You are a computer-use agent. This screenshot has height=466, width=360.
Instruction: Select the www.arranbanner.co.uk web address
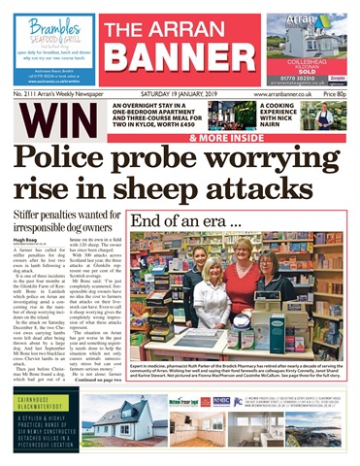(283, 94)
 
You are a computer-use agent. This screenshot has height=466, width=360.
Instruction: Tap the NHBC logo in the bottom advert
(222, 401)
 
